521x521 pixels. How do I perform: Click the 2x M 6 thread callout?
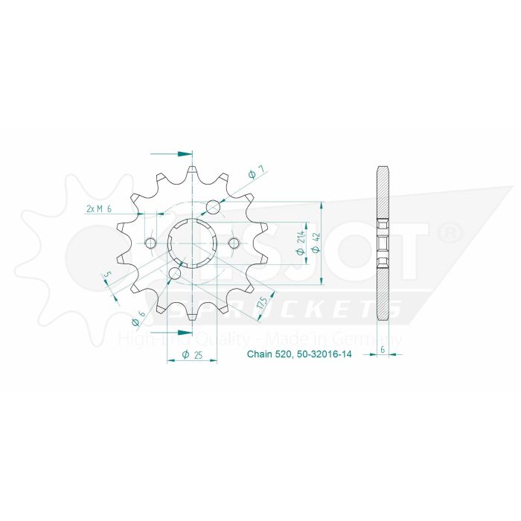(99, 209)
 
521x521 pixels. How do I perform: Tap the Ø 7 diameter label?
(252, 174)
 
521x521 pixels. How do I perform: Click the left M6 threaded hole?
(151, 243)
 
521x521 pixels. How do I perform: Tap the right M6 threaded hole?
(233, 243)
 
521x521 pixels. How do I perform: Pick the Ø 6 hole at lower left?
(174, 275)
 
